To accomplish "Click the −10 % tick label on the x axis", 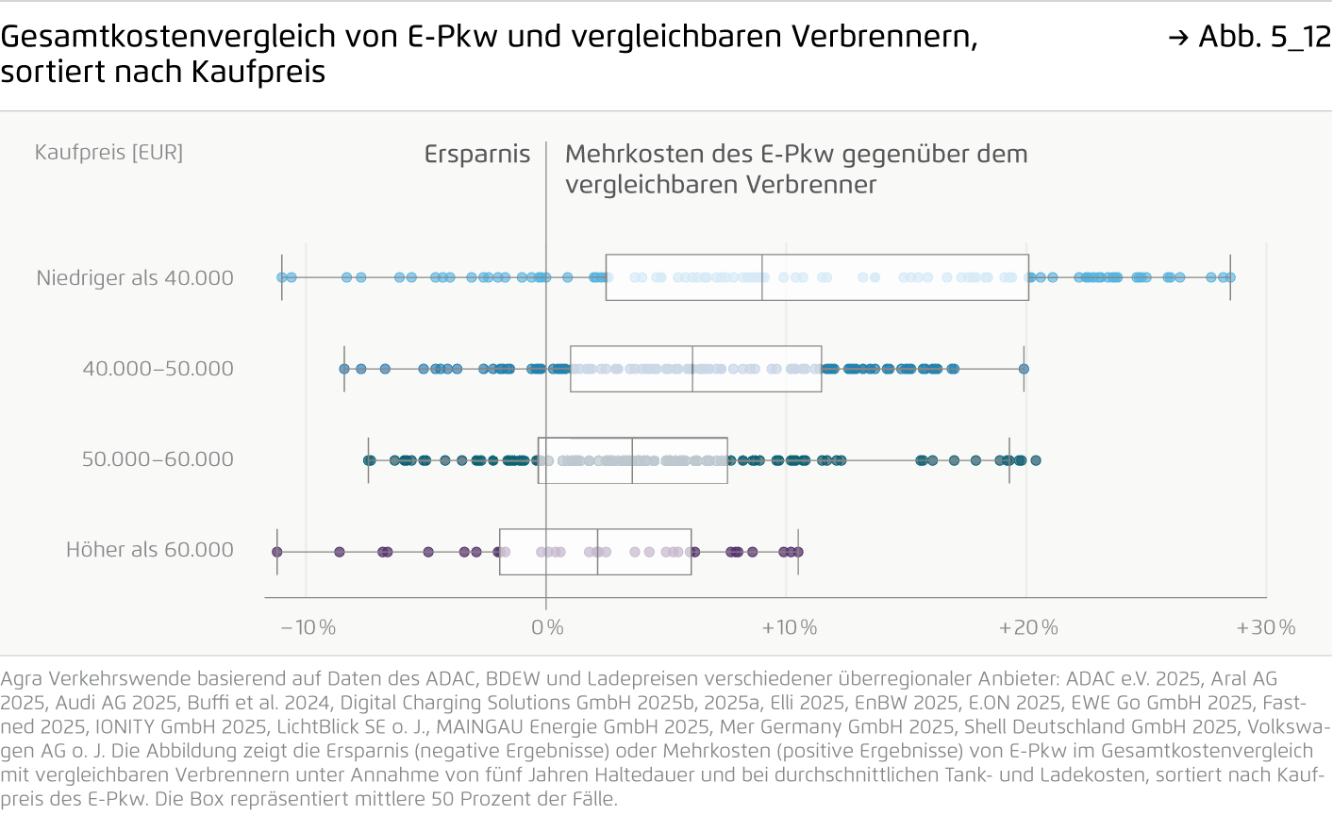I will click(x=308, y=627).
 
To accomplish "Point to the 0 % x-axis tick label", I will click(x=547, y=627).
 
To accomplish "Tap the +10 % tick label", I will click(x=789, y=627).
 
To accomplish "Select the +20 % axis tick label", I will click(x=1028, y=627).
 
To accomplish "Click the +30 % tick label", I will click(x=1266, y=627).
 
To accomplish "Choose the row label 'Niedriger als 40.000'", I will click(x=135, y=278).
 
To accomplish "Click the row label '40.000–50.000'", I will click(x=158, y=369).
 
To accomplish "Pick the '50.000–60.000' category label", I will click(x=158, y=459).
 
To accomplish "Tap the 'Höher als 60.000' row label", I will click(x=149, y=550).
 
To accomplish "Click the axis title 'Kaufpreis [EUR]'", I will click(x=108, y=152).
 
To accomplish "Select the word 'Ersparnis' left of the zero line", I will click(x=476, y=154).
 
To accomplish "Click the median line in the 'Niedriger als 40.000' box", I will click(x=762, y=277).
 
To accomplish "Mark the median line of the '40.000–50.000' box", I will click(x=692, y=369).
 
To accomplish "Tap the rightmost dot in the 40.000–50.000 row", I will click(x=1024, y=369).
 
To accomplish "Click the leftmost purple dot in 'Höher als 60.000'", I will click(x=276, y=552).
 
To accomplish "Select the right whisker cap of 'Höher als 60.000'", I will click(x=798, y=552).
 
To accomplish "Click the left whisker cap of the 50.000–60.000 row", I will click(x=368, y=460).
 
